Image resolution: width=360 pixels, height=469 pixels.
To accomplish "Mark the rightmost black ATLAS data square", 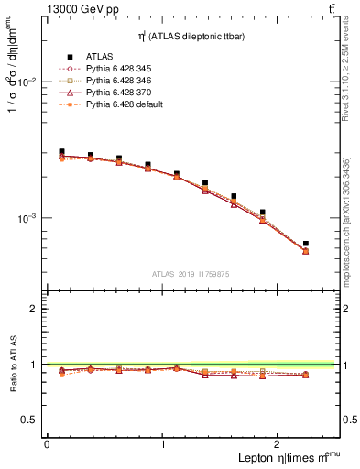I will point(305,244).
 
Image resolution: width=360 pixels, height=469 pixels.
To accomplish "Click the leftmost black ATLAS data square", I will point(61,152).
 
